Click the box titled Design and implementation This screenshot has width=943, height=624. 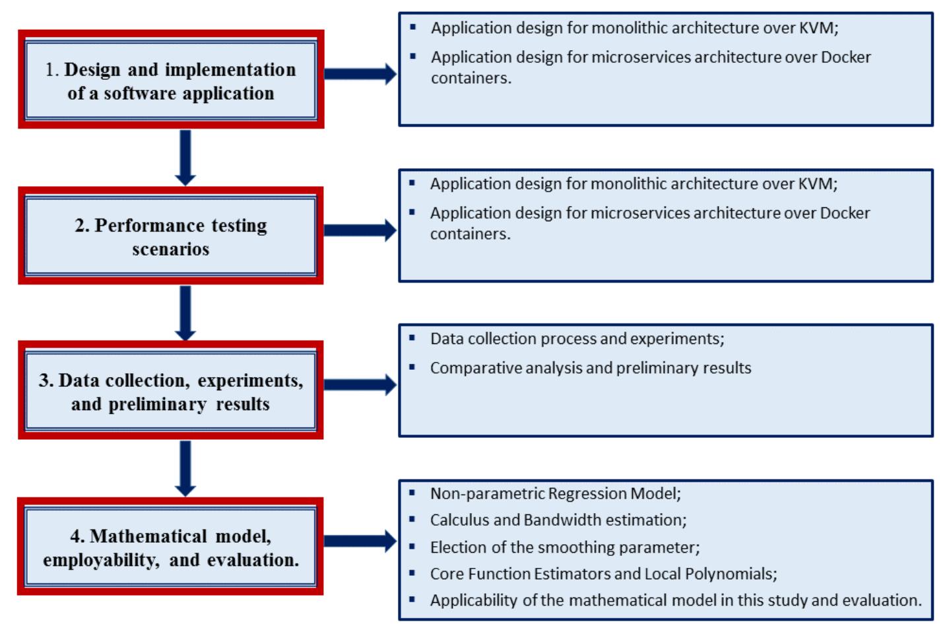170,80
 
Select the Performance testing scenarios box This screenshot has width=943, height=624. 170,236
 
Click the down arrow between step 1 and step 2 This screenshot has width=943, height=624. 185,157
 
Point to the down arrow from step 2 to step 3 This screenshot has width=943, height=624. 185,313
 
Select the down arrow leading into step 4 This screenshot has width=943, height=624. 185,468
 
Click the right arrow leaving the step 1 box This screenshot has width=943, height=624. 360,74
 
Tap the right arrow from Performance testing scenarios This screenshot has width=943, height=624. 360,230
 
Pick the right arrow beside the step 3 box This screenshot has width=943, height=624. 360,385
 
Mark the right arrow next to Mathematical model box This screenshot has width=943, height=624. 360,541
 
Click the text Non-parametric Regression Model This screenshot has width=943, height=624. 555,493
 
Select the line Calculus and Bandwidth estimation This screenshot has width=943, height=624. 558,520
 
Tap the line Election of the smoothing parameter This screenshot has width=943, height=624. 564,547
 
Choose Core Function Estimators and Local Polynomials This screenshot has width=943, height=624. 603,573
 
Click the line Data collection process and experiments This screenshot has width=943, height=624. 577,339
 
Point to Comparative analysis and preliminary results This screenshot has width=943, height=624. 590,368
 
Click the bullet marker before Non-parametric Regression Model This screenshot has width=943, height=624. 412,493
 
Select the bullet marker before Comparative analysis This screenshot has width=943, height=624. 412,366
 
